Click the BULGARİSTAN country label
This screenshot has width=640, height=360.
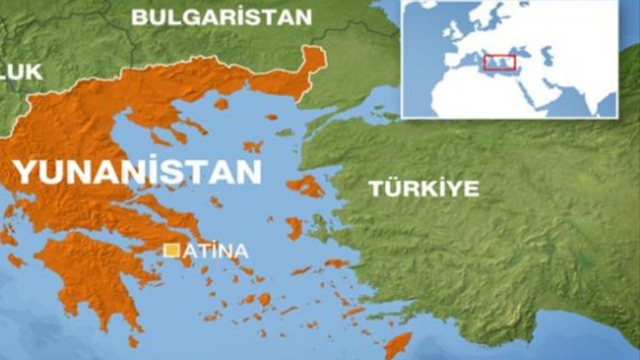click(x=221, y=17)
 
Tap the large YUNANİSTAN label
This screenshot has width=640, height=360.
click(x=137, y=171)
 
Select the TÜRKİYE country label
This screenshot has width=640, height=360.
click(x=423, y=188)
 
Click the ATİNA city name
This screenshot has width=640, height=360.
click(x=215, y=250)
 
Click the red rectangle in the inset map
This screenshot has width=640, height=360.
click(x=499, y=62)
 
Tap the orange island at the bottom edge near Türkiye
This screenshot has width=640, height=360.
click(x=397, y=345)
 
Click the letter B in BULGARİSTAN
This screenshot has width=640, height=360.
click(x=139, y=17)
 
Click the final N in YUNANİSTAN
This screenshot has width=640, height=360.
click(x=250, y=171)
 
